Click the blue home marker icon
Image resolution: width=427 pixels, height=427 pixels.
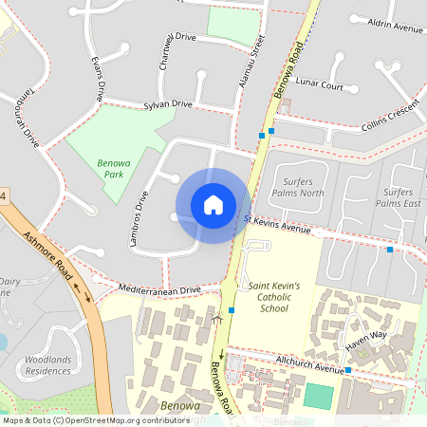pos(213,205)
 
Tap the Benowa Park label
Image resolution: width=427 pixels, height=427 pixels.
pos(113,168)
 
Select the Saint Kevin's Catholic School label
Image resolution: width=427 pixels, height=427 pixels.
pos(273,296)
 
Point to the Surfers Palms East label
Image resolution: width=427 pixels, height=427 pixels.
pos(398,197)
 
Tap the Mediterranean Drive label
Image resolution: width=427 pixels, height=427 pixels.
pos(160,288)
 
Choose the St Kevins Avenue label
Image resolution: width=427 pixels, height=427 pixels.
pos(277,225)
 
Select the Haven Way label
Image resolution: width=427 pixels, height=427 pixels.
pos(366,335)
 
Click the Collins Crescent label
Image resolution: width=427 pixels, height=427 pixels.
pos(390,116)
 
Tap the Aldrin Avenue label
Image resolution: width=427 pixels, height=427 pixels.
pos(398,28)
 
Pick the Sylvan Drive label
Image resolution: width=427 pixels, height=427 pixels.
pos(168,104)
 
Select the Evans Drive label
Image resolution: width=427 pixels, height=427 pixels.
pos(97,78)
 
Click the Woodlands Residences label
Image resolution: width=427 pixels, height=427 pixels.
pos(48,364)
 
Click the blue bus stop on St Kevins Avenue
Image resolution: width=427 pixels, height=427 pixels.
pos(389,249)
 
